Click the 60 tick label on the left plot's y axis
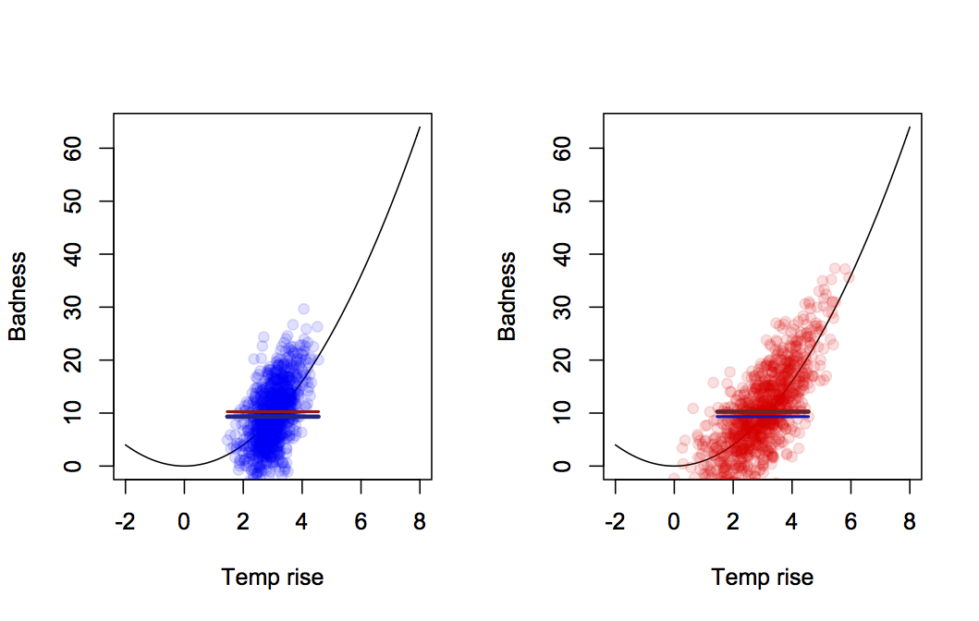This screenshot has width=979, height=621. (x=81, y=149)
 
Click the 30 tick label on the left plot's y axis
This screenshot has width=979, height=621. (x=81, y=307)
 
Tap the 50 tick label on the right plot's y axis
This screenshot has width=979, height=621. (x=571, y=201)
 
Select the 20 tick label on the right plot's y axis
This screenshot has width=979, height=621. (x=571, y=359)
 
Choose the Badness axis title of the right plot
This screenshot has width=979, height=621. (x=508, y=296)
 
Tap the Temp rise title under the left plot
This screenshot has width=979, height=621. (x=273, y=578)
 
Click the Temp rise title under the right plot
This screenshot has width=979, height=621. (x=763, y=578)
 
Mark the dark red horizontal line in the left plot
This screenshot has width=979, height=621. (x=273, y=411)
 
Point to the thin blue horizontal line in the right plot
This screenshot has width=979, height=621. (x=763, y=417)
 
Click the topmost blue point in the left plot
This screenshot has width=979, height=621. (x=303, y=310)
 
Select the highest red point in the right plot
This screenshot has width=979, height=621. (x=835, y=269)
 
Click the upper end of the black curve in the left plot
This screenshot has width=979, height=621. (x=420, y=128)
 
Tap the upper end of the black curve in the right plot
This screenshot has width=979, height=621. (x=910, y=128)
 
